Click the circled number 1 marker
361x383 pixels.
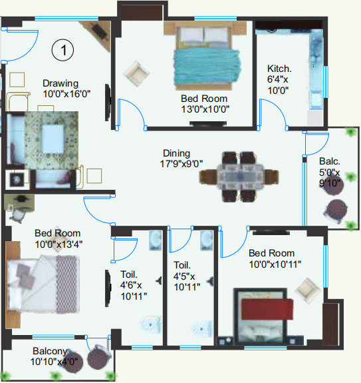pyautogui.click(x=62, y=50)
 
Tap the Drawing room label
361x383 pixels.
pyautogui.click(x=66, y=89)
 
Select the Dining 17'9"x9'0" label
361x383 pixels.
pyautogui.click(x=181, y=159)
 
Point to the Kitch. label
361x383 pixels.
pyautogui.click(x=279, y=69)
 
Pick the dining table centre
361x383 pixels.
pyautogui.click(x=240, y=177)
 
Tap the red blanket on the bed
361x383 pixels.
pyautogui.click(x=267, y=309)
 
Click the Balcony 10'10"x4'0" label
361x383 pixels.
pyautogui.click(x=54, y=356)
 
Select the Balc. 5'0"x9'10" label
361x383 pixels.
pyautogui.click(x=330, y=173)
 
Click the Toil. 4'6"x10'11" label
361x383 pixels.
pyautogui.click(x=134, y=285)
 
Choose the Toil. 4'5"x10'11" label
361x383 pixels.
pyautogui.click(x=187, y=276)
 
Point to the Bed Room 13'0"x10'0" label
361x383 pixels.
pyautogui.click(x=205, y=104)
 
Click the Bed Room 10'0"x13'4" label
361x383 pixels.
pyautogui.click(x=59, y=238)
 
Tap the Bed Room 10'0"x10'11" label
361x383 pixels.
pyautogui.click(x=275, y=258)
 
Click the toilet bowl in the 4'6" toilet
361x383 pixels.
pyautogui.click(x=152, y=325)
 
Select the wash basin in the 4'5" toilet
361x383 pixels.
pyautogui.click(x=206, y=240)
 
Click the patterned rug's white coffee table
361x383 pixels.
pyautogui.click(x=53, y=139)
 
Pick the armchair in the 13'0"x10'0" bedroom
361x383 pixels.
pyautogui.click(x=136, y=73)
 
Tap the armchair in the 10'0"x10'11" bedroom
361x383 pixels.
pyautogui.click(x=308, y=290)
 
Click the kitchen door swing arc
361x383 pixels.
pyautogui.click(x=278, y=107)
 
